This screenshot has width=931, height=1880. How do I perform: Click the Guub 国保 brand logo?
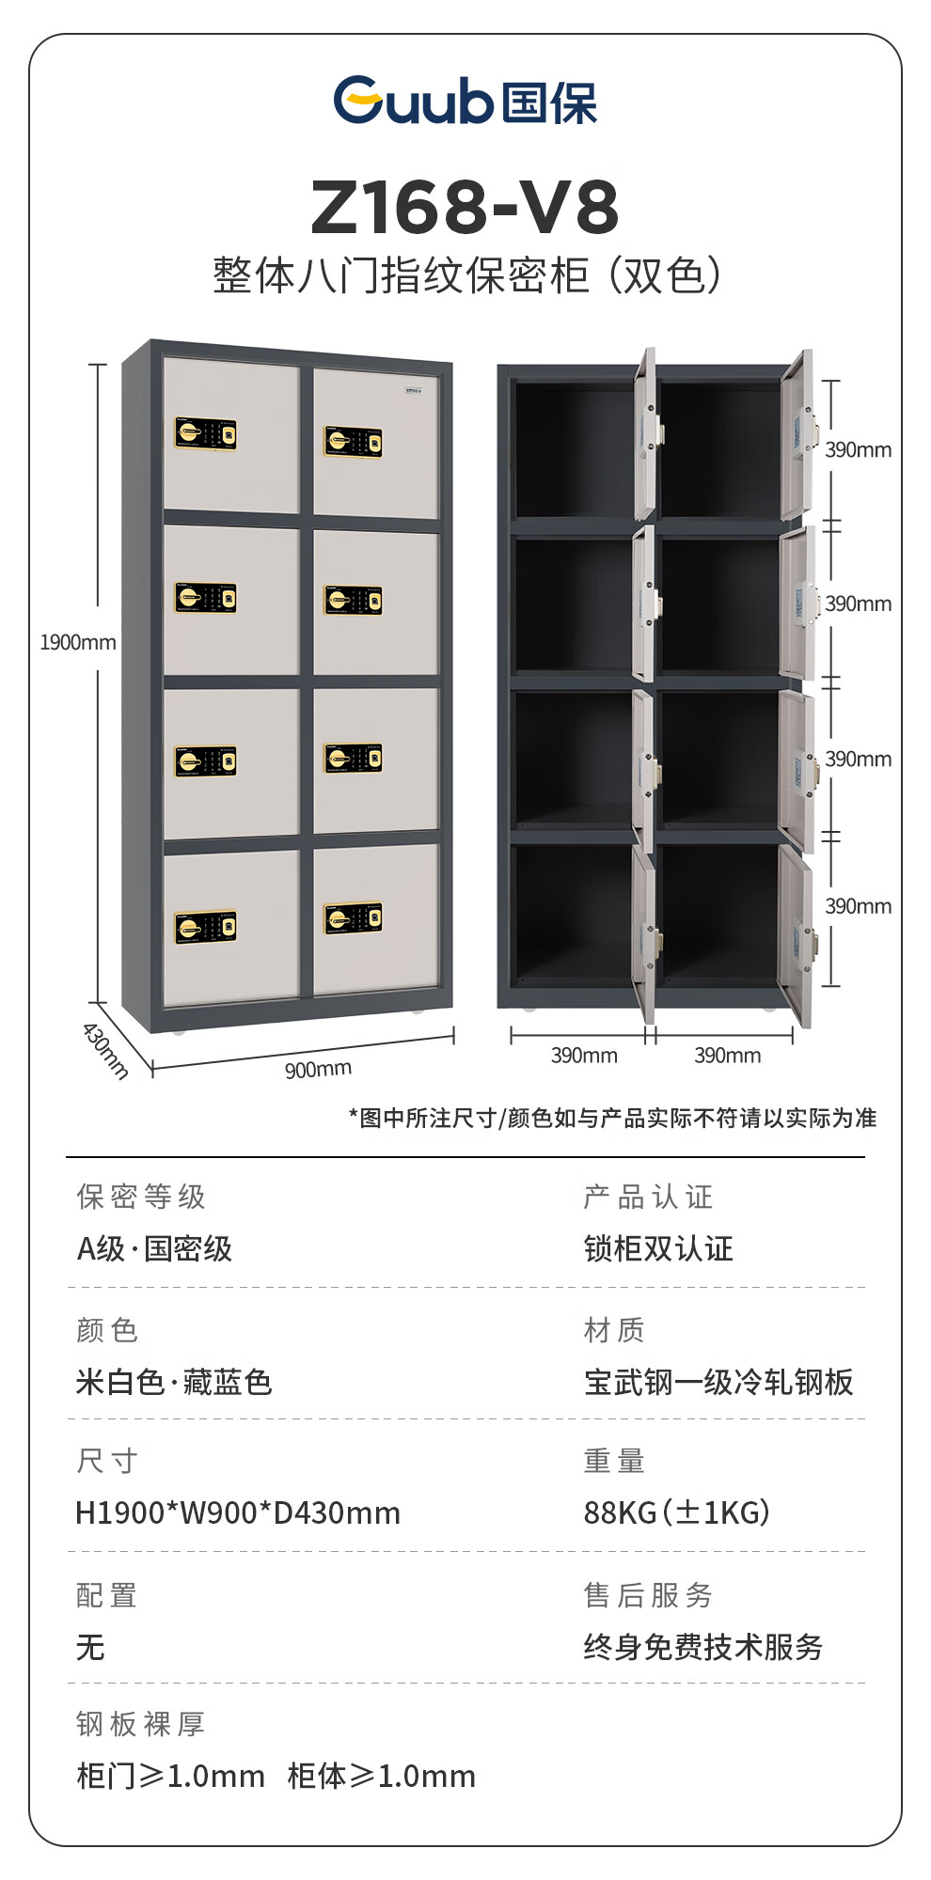(465, 101)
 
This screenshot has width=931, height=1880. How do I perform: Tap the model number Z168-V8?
(465, 207)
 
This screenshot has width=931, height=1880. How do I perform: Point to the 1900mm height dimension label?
(78, 643)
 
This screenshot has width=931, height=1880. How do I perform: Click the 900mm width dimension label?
(318, 1070)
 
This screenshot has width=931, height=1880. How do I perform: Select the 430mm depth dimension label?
(105, 1051)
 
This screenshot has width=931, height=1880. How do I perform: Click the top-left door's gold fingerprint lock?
(206, 434)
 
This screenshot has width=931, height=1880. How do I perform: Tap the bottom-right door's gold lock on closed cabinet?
(354, 919)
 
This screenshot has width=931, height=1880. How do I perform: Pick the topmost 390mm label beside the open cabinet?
(858, 450)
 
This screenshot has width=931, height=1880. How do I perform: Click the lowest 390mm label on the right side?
(858, 906)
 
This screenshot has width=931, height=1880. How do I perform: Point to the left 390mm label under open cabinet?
(584, 1056)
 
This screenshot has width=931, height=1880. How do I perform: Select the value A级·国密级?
(154, 1249)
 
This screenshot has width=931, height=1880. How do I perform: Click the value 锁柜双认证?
(658, 1249)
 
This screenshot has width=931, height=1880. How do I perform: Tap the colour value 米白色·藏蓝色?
(174, 1383)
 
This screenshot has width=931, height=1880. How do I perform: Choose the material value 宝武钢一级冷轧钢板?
(718, 1383)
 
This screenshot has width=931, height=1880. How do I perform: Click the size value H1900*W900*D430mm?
(238, 1513)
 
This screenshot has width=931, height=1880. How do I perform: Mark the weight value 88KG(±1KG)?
(677, 1513)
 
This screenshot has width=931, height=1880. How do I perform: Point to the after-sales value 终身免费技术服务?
(703, 1647)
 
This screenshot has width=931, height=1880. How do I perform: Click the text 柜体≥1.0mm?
(382, 1777)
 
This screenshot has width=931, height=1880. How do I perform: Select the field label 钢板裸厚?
(141, 1724)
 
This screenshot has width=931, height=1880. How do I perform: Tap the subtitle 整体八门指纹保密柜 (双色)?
(466, 275)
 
